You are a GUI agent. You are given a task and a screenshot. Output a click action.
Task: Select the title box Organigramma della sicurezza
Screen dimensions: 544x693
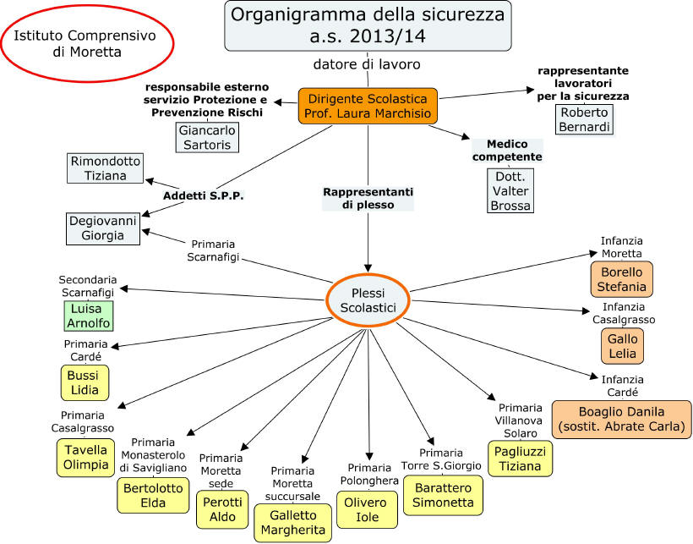coord(368,25)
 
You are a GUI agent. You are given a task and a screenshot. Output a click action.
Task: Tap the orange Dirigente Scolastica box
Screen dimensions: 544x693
coord(368,106)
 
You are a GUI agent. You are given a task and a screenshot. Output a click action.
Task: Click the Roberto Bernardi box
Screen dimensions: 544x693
coord(584,118)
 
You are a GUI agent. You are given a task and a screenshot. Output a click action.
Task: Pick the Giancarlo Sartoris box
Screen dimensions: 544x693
coord(207,137)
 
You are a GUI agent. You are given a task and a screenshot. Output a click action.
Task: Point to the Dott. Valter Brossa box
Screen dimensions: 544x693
coord(510,191)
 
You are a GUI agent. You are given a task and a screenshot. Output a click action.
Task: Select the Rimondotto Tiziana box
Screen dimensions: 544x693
coord(106,168)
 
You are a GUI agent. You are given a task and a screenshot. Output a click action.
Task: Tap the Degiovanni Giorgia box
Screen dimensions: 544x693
coord(102,228)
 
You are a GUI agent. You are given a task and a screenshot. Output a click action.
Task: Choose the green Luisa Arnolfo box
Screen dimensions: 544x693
coord(87,316)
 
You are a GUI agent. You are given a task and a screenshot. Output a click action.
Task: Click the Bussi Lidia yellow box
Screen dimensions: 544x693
coord(85,382)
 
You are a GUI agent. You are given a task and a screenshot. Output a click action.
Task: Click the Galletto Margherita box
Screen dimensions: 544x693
coord(292,522)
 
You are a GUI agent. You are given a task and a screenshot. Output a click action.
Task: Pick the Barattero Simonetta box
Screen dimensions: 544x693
coord(443,495)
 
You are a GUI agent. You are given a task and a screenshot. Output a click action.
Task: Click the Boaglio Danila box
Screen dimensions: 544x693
coord(621,419)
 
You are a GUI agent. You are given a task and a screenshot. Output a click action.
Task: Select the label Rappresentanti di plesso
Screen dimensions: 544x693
coord(368,197)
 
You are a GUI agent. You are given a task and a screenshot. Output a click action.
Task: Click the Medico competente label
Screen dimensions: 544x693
coord(508,151)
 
